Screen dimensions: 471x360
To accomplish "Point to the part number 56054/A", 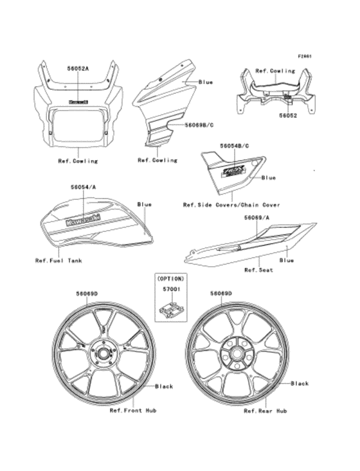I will (82, 187).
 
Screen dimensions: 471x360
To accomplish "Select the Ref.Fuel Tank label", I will (59, 260).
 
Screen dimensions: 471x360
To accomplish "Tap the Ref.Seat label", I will (258, 270).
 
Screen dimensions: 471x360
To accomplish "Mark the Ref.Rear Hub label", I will (265, 409).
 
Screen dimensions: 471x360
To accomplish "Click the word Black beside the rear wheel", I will (300, 384).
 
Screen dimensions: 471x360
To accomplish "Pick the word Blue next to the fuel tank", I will (145, 204).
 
